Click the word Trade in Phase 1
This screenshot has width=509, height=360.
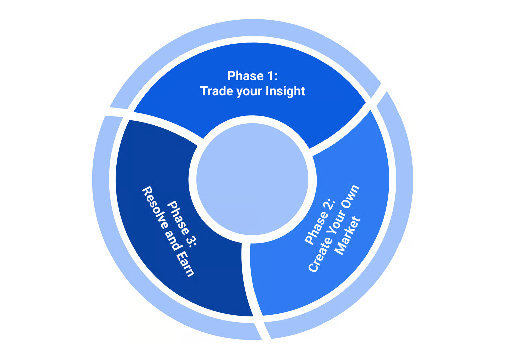217,91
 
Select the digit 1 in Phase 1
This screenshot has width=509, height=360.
270,76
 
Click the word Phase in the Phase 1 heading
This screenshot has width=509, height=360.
245,76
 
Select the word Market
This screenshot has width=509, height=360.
348,236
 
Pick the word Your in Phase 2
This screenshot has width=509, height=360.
336,222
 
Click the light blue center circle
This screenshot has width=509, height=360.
252,179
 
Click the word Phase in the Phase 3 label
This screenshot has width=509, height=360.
178,218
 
